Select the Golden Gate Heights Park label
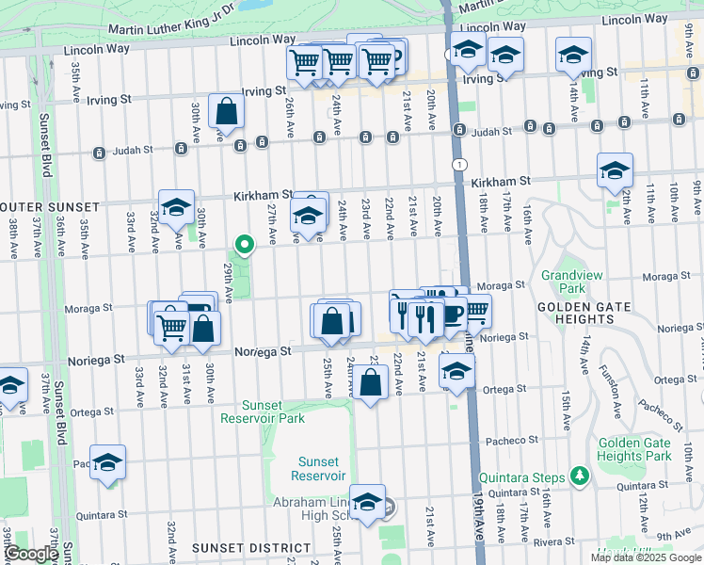tap(633, 449)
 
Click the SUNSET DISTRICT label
tap(251, 547)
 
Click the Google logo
tap(31, 554)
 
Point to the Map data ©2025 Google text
tap(646, 557)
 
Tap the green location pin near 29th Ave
tap(245, 246)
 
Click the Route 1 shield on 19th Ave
tap(456, 165)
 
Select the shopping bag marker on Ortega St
tap(372, 382)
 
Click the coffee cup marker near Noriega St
tap(453, 314)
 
